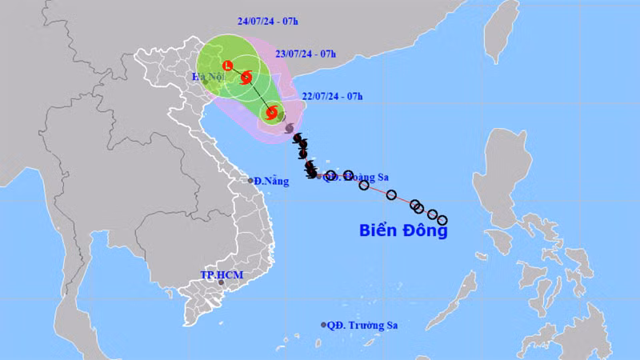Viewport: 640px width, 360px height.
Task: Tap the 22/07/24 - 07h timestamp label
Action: [332, 96]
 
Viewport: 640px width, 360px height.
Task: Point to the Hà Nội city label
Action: [206, 77]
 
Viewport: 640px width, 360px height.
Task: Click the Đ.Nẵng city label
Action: [271, 181]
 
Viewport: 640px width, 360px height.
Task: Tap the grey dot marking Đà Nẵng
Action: [250, 181]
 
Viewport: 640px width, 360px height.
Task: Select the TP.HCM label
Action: [221, 275]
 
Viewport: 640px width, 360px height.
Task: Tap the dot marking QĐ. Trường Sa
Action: [324, 325]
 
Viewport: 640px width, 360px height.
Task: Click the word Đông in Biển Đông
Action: [425, 232]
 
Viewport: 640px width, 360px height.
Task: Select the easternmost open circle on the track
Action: [442, 220]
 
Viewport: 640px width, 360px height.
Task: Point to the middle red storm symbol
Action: [246, 78]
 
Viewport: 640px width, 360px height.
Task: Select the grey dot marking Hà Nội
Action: [206, 82]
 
